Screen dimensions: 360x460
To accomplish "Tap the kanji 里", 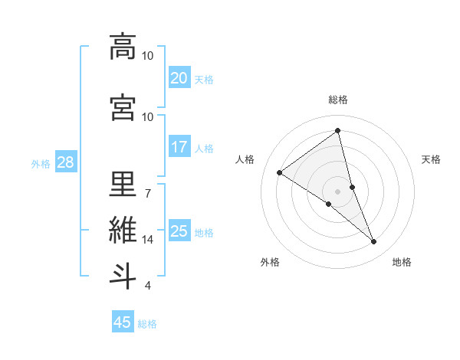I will click(123, 185).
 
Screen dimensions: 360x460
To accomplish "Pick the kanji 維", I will click(123, 230).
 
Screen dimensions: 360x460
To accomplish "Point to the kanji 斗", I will click(123, 275).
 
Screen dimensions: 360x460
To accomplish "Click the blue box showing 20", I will click(179, 78).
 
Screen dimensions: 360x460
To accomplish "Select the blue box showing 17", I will click(179, 147).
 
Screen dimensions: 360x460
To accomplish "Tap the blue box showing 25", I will click(179, 231).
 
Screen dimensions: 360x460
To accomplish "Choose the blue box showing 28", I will click(65, 162).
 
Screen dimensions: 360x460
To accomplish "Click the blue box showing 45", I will click(123, 322).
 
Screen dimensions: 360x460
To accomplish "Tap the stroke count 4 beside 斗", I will click(147, 286).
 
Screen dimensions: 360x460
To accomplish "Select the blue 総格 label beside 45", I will click(147, 324).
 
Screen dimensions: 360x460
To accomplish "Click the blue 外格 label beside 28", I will click(41, 164).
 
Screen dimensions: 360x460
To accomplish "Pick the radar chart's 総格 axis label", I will click(337, 100).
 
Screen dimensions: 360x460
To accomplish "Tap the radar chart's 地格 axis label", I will click(402, 262).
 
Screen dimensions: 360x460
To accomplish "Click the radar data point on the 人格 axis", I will click(280, 172).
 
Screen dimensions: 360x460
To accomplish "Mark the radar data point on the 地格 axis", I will click(374, 242).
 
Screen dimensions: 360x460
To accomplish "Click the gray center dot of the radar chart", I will click(337, 191).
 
